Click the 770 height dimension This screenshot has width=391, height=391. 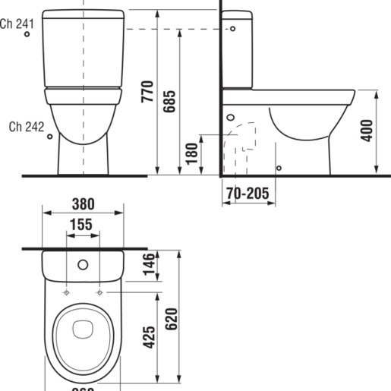pyautogui.click(x=147, y=91)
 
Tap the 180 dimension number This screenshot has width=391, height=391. pyautogui.click(x=191, y=154)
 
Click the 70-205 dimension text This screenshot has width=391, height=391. pyautogui.click(x=246, y=194)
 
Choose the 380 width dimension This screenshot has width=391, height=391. pyautogui.click(x=83, y=203)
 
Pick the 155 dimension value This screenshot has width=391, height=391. pyautogui.click(x=83, y=225)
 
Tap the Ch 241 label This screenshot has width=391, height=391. pyautogui.click(x=17, y=24)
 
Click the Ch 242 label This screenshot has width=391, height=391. pyautogui.click(x=27, y=127)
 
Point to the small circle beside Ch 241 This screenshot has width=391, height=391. pyautogui.click(x=28, y=39)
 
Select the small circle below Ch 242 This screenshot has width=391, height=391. pyautogui.click(x=50, y=137)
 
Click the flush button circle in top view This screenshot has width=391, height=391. pyautogui.click(x=83, y=266)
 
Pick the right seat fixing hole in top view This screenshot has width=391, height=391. pyautogui.click(x=99, y=292)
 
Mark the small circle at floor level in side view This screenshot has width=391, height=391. pyautogui.click(x=279, y=168)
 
